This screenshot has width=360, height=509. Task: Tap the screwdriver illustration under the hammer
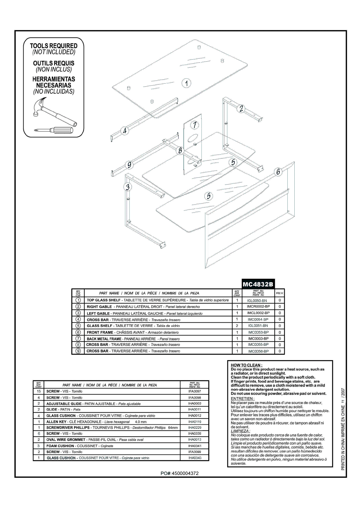53,130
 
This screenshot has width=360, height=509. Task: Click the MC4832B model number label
258,284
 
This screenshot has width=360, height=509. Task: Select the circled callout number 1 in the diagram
187,83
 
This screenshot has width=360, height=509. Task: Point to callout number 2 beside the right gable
241,109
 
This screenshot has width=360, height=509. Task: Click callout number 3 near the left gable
127,187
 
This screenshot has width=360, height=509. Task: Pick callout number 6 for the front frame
278,172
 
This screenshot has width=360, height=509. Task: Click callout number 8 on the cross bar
180,151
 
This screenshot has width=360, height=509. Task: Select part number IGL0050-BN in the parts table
257,300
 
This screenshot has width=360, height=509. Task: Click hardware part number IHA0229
194,428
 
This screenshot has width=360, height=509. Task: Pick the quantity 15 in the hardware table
39,391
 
